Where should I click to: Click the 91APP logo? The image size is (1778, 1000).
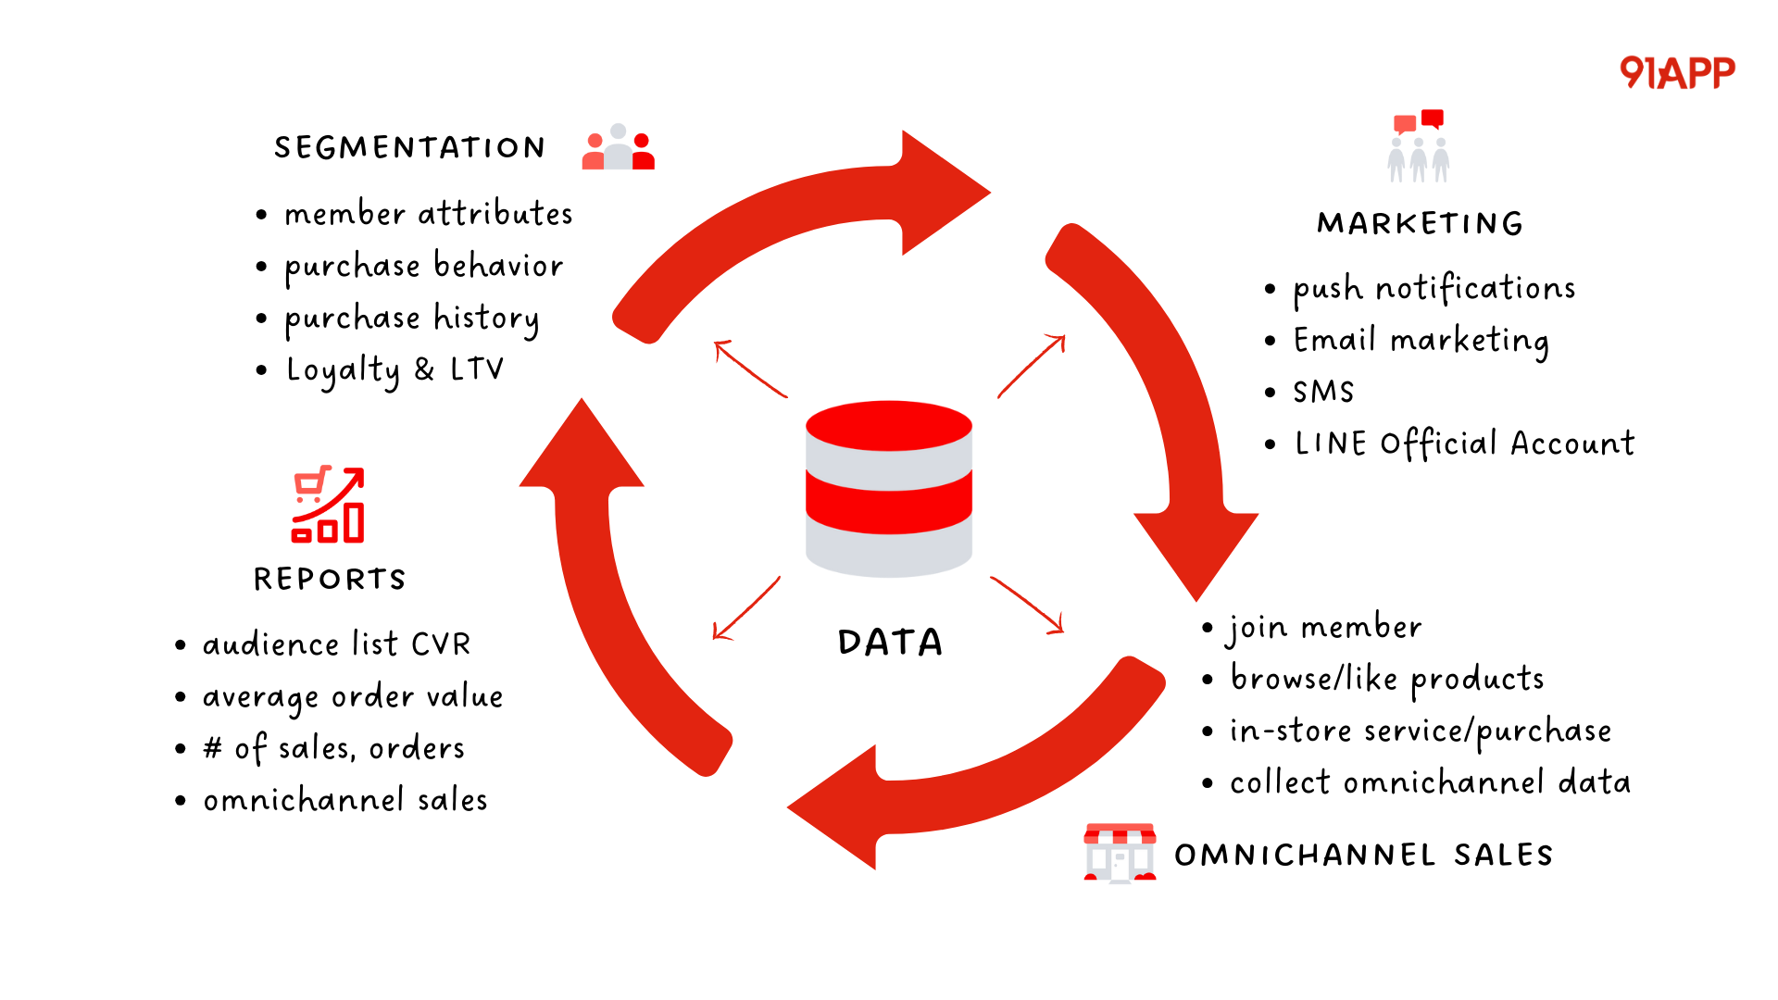click(x=1677, y=72)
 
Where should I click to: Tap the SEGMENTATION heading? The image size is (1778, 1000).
click(x=409, y=147)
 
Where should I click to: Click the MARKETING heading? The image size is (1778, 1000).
click(x=1420, y=223)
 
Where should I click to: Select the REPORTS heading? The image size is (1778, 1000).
click(x=330, y=579)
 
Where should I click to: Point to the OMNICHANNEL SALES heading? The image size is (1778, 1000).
click(x=1363, y=855)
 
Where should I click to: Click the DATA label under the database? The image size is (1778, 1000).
click(x=890, y=642)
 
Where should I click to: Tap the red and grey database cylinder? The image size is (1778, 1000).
click(x=889, y=488)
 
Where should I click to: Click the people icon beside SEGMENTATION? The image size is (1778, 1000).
click(x=618, y=148)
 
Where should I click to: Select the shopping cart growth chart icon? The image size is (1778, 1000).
click(x=328, y=505)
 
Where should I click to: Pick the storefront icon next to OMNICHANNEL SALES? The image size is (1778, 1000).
click(x=1120, y=852)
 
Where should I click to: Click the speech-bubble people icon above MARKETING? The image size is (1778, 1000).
click(x=1419, y=146)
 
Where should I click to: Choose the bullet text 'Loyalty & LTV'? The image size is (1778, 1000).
click(x=394, y=369)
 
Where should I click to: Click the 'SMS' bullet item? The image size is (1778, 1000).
click(x=1323, y=392)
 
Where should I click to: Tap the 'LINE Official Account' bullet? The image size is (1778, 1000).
click(x=1464, y=444)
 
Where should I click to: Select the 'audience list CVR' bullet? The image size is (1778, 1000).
click(x=336, y=644)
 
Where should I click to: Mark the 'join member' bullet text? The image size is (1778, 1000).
click(x=1325, y=628)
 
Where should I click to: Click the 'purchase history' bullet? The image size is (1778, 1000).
click(x=411, y=319)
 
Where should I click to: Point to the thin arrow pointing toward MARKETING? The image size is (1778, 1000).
click(x=1033, y=366)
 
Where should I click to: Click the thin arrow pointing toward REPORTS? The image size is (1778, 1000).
click(x=746, y=608)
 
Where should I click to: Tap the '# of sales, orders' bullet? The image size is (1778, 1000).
click(x=333, y=748)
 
